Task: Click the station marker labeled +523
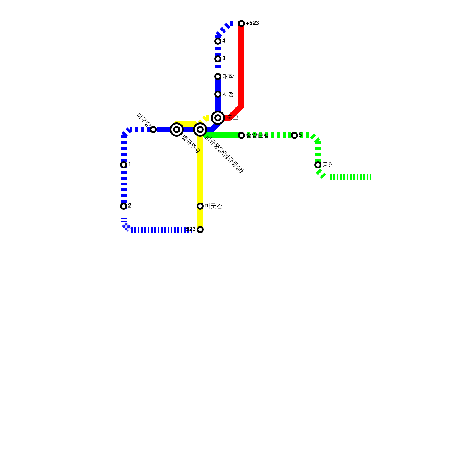click(x=241, y=24)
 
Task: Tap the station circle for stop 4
click(x=218, y=41)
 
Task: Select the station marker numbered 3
click(x=218, y=59)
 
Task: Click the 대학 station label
click(x=228, y=77)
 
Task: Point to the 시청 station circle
click(x=218, y=94)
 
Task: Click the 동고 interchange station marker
click(x=218, y=118)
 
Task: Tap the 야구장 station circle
click(x=153, y=130)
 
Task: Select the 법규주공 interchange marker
click(x=177, y=130)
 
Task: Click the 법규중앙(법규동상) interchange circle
click(x=200, y=130)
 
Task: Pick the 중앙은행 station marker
click(x=241, y=135)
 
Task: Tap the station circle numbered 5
click(x=294, y=135)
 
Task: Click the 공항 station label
click(x=328, y=165)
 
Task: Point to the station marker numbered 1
click(x=124, y=165)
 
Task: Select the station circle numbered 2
click(x=124, y=206)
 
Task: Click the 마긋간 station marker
click(x=200, y=206)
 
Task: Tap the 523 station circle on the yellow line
click(x=200, y=230)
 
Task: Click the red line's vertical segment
click(x=241, y=65)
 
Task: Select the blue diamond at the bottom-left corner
click(x=127, y=227)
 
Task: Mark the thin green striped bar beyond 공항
click(x=350, y=177)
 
